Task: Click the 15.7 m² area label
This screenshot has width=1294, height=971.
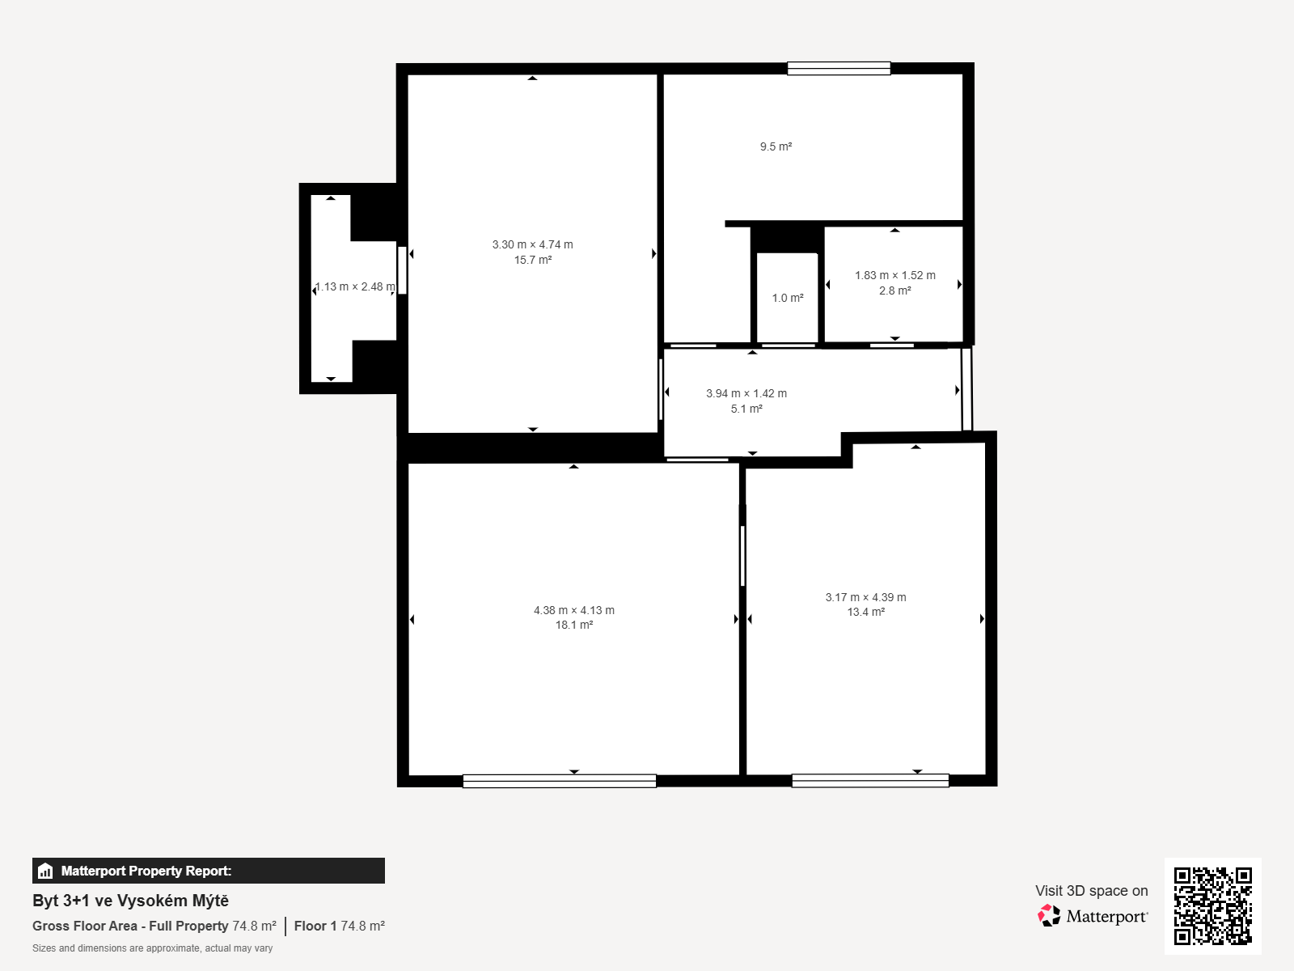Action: pos(532,260)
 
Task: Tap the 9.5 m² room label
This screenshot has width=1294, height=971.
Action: pos(776,146)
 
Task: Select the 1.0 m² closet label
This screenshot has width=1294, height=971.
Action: pos(788,299)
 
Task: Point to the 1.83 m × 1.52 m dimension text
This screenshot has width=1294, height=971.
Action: pos(895,275)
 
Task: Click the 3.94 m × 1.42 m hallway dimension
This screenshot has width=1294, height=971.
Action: pos(746,393)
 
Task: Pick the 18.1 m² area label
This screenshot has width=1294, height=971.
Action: pos(573,625)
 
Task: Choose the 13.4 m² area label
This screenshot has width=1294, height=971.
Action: pos(865,612)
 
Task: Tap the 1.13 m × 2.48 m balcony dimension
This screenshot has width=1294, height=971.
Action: pos(355,287)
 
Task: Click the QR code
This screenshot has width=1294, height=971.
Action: pos(1212,906)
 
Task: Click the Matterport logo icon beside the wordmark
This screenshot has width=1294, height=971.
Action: pos(1049,916)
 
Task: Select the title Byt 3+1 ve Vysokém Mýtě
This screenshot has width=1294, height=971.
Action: pos(130,901)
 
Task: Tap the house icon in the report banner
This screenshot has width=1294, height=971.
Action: pos(45,871)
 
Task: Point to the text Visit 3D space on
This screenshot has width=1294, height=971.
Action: pos(1091,891)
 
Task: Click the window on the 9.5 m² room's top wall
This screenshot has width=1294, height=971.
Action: pos(839,69)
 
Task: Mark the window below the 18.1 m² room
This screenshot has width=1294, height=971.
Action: pos(560,781)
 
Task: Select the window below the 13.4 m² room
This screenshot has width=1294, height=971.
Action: pos(870,781)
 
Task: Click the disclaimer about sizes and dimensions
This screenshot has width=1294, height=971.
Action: pos(152,948)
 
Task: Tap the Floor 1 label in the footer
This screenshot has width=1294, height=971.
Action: pos(315,926)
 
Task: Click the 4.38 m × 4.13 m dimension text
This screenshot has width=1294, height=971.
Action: pos(573,610)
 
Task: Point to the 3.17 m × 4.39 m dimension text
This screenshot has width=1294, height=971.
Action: pos(865,597)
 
